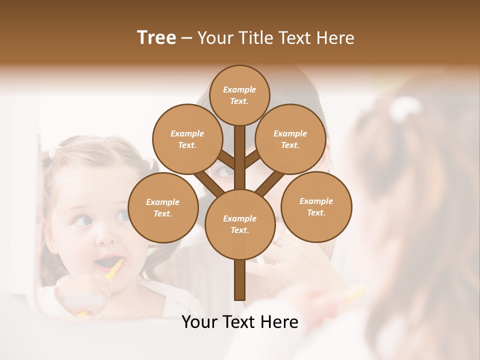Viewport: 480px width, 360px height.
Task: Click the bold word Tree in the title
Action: click(156, 37)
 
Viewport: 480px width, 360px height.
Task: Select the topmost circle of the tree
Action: click(239, 95)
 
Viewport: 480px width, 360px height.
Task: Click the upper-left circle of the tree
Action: click(187, 139)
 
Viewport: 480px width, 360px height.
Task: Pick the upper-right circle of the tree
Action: click(290, 139)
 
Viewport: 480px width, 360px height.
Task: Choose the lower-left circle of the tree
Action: click(163, 207)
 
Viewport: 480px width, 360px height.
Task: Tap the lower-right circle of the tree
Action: click(316, 207)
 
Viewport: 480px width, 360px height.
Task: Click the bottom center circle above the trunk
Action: click(240, 224)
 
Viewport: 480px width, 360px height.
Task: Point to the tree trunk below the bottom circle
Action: click(240, 280)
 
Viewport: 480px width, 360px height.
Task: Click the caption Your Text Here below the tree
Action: click(240, 322)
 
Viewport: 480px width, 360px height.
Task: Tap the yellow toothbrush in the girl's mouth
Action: click(114, 269)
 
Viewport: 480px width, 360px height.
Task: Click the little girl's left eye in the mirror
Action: click(84, 220)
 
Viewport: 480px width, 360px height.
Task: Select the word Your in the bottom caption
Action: click(198, 322)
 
